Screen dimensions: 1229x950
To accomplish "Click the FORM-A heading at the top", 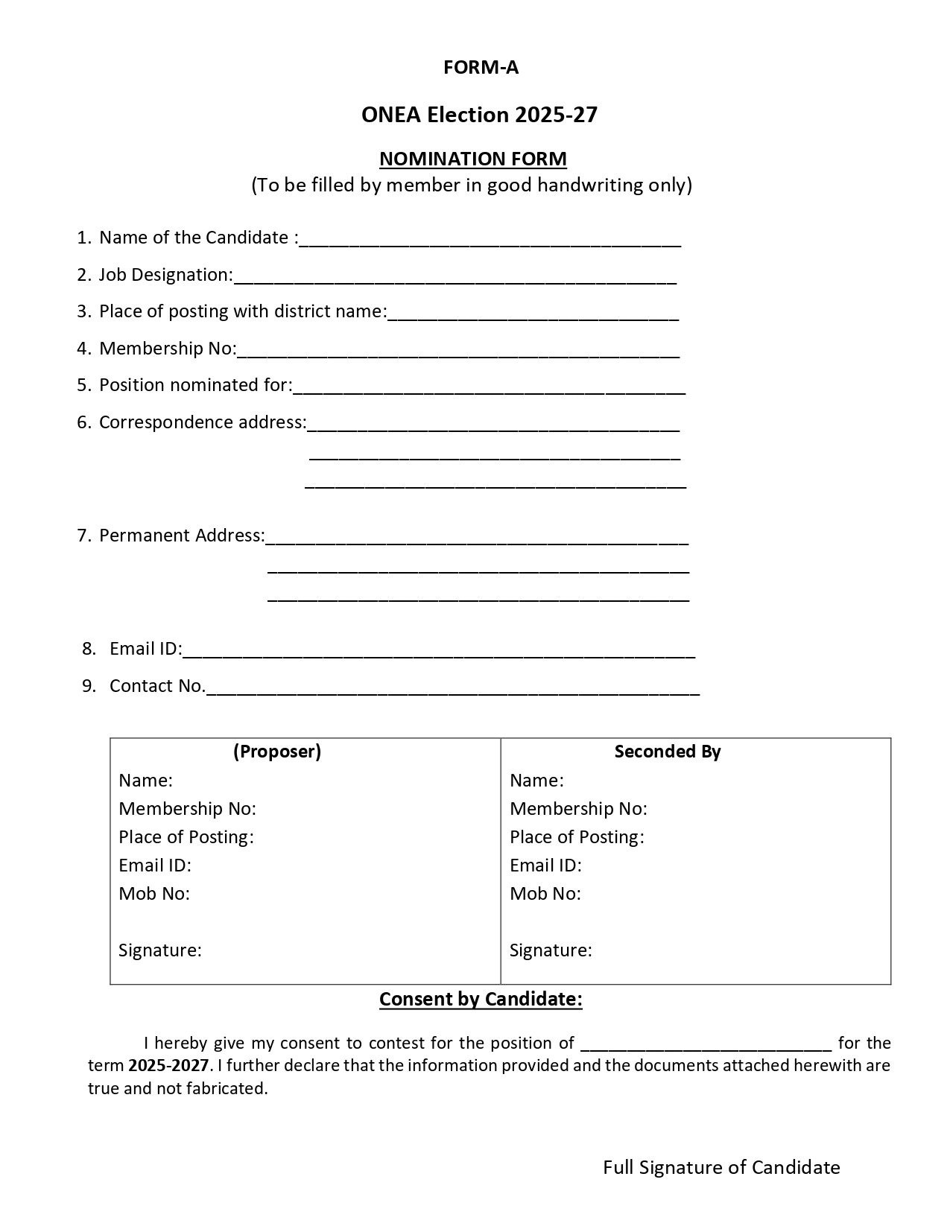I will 481,68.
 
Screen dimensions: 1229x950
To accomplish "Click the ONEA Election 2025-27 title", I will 479,115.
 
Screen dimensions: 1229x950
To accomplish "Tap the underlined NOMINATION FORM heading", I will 473,159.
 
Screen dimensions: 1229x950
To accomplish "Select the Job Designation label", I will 165,275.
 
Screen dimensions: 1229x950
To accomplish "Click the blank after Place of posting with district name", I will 533,314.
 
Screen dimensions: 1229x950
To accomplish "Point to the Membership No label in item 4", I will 168,349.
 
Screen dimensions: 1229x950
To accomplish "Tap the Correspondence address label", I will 202,422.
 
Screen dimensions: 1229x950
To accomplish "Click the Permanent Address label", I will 181,536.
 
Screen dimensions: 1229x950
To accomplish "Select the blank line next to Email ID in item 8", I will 438,652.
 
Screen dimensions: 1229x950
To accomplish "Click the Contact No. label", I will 157,686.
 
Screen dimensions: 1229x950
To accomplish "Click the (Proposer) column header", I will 277,752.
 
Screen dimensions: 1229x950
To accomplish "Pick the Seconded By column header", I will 668,752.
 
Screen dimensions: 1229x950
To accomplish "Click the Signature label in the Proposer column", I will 160,950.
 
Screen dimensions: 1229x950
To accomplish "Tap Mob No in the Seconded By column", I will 545,894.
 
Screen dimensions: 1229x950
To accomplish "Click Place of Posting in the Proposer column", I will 186,837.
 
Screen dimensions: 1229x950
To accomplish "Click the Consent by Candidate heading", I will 481,999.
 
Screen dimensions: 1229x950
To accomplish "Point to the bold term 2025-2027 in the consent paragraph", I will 168,1066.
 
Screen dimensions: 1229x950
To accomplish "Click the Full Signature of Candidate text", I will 721,1167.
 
